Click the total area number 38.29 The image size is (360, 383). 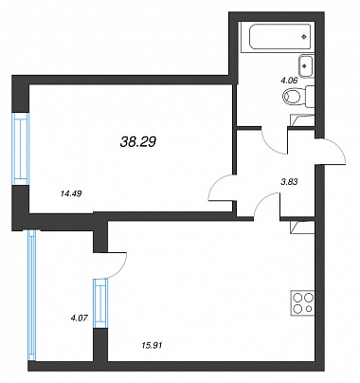click(x=138, y=142)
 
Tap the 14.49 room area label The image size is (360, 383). click(x=71, y=193)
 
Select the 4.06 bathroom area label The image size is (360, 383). click(x=289, y=81)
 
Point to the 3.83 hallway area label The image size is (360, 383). click(x=290, y=181)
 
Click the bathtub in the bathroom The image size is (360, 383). click(x=278, y=37)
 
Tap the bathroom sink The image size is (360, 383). click(x=306, y=66)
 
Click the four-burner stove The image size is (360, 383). click(x=302, y=302)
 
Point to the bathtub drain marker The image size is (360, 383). click(x=304, y=37)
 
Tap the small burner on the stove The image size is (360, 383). click(x=309, y=308)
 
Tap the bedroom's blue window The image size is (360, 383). click(x=21, y=149)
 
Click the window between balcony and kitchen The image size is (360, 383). click(x=100, y=303)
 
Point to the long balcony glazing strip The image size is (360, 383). click(x=32, y=295)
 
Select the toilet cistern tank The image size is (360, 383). click(x=310, y=97)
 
